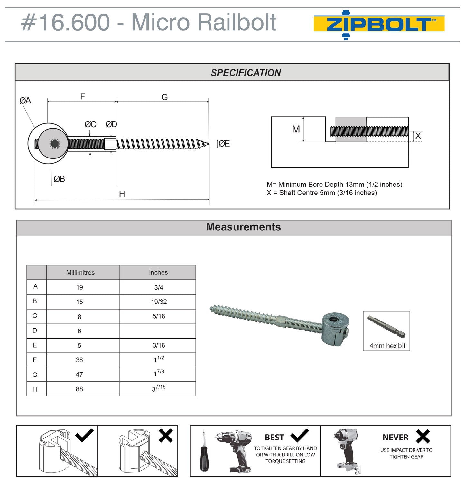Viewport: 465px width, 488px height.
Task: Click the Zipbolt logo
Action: tap(379, 25)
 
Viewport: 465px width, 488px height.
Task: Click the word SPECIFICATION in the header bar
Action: tap(246, 73)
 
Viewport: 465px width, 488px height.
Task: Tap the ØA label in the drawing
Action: tap(25, 101)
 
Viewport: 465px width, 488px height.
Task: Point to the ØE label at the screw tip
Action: tap(224, 144)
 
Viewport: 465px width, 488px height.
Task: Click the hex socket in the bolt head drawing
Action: tap(55, 144)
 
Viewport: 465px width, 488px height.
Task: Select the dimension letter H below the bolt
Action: tap(122, 194)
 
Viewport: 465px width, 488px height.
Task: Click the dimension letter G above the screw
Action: tap(164, 97)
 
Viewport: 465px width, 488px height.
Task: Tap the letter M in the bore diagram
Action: tap(296, 129)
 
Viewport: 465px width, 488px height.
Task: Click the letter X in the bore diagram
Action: tap(418, 136)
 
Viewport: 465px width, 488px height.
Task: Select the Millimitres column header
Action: tap(80, 273)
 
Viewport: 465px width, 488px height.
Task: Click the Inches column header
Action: tap(158, 272)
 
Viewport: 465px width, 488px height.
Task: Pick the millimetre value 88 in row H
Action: tap(79, 389)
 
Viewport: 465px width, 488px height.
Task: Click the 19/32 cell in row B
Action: tap(159, 302)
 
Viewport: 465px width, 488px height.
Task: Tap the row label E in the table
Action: tap(35, 345)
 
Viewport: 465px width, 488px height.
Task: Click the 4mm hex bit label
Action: tap(387, 346)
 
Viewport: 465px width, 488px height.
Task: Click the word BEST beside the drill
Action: tap(274, 438)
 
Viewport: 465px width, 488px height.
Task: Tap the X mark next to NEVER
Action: tap(423, 437)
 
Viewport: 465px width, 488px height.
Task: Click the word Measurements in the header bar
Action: tap(243, 227)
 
